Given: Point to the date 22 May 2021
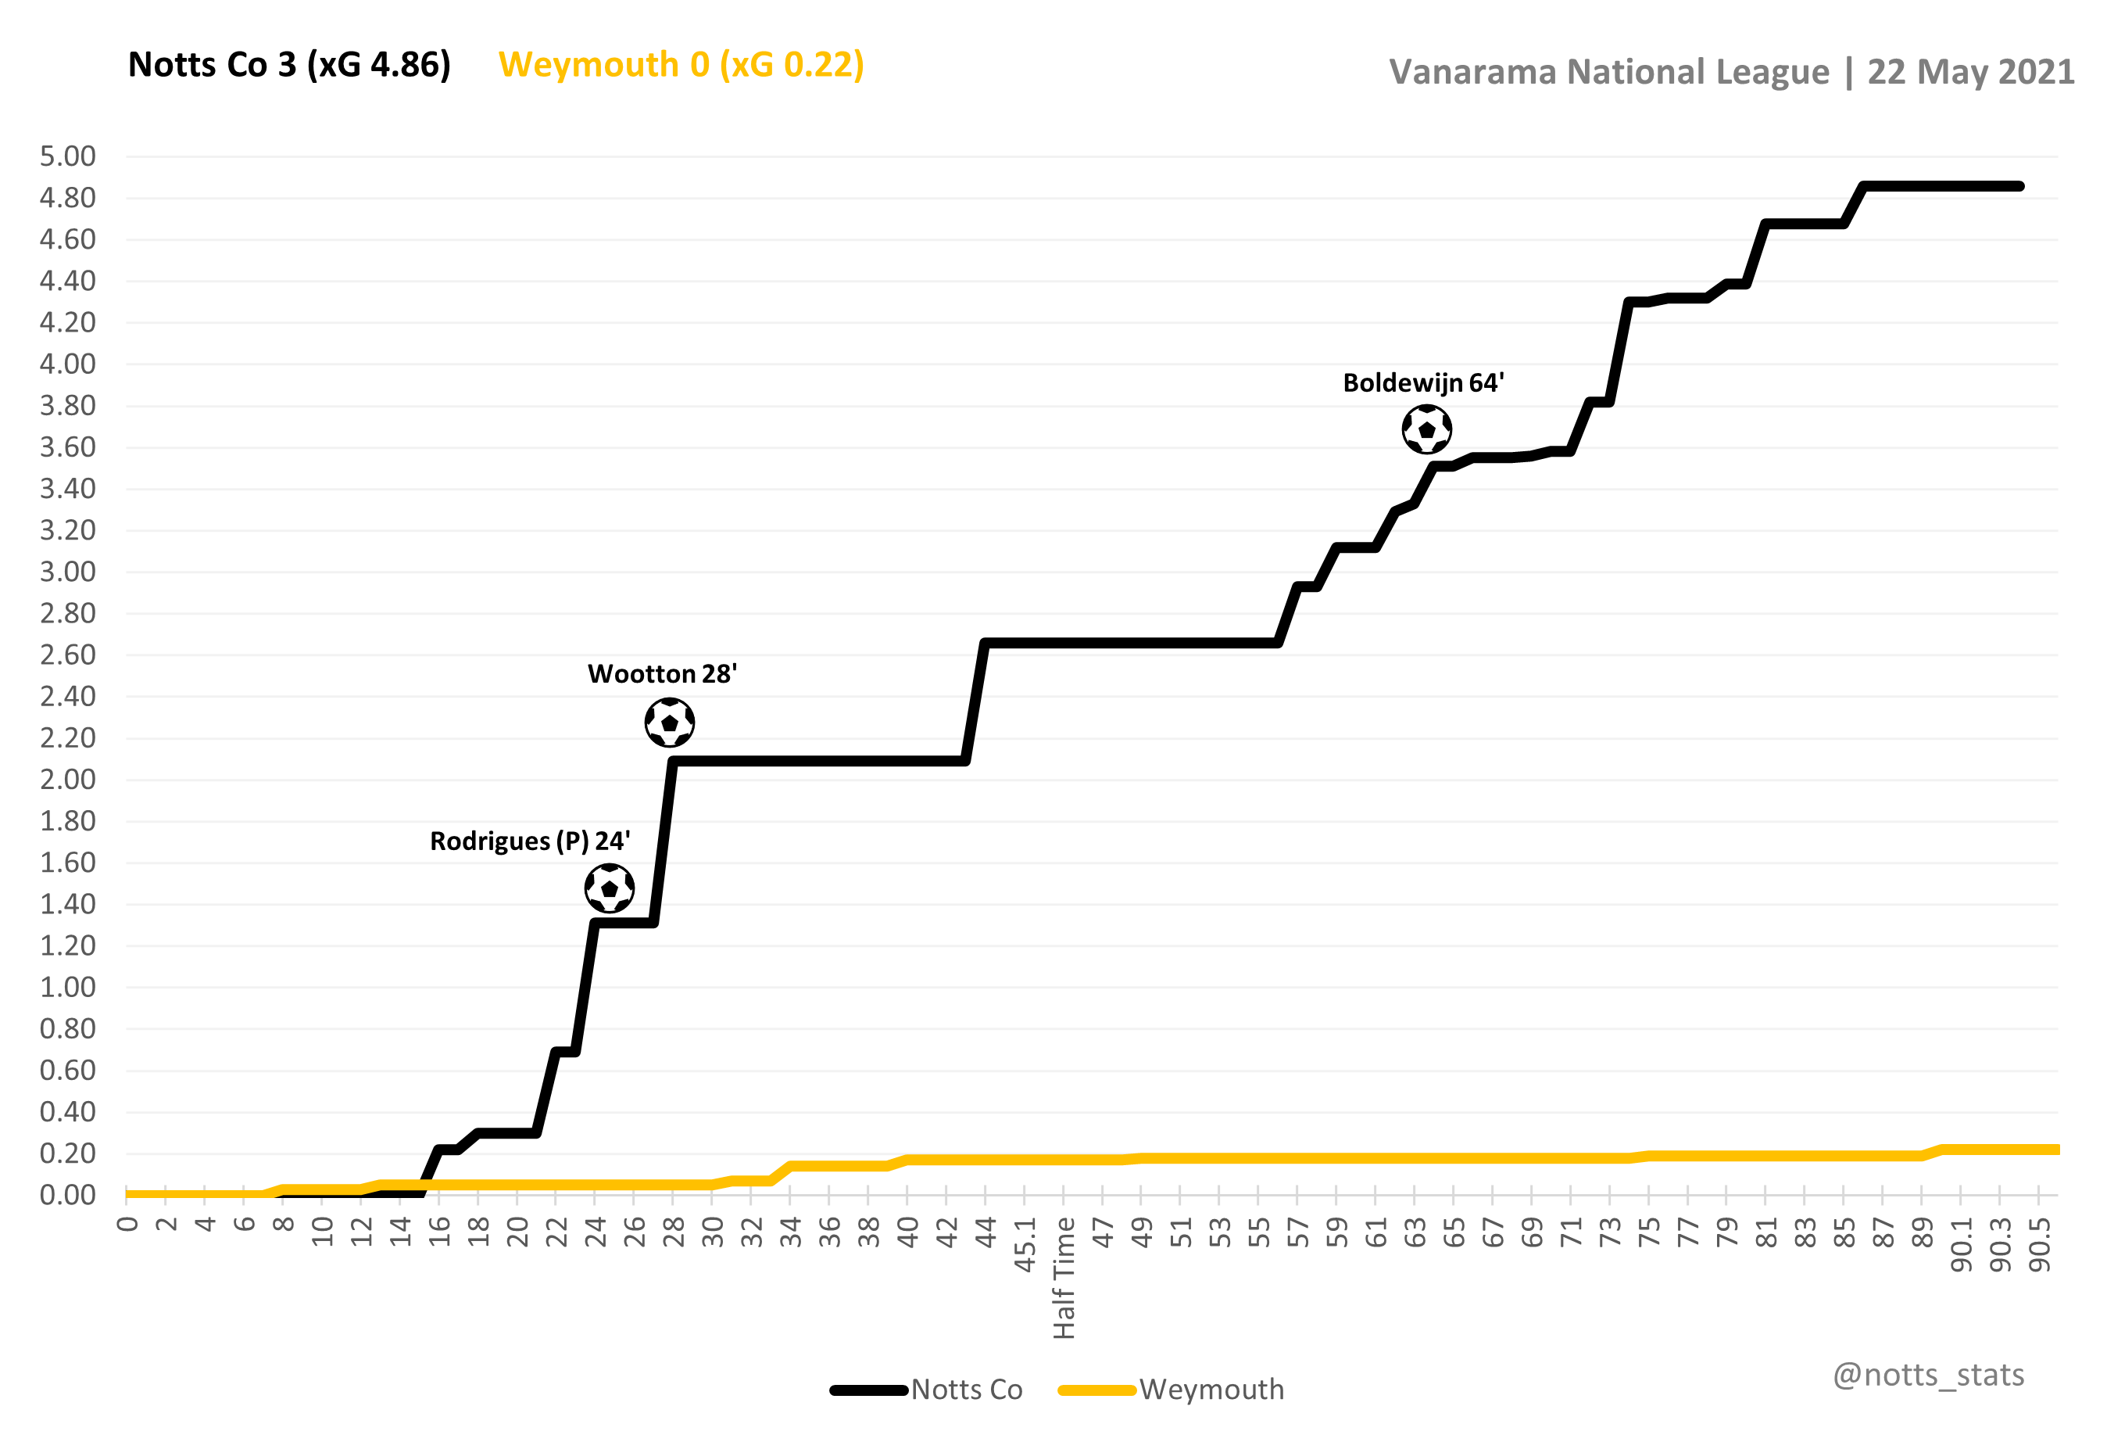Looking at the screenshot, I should coord(1970,73).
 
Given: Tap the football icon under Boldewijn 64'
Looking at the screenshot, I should coord(1426,429).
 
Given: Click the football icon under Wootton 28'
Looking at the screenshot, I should coord(669,723).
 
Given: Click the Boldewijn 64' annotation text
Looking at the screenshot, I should coord(1422,382).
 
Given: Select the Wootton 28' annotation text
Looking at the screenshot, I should coord(662,674).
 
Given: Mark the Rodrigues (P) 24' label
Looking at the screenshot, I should coord(529,841).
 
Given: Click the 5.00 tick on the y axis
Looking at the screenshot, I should coord(68,156).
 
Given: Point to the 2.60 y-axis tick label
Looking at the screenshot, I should coord(68,655).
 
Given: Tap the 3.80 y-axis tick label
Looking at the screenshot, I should coord(68,405).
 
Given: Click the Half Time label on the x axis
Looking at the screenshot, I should coord(1064,1278).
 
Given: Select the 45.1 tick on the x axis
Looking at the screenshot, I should coord(1025,1245).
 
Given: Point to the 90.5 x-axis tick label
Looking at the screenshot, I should coord(2039,1245).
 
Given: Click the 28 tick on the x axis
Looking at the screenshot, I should coord(674,1232).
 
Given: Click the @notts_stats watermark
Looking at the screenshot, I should coord(1928,1375).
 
